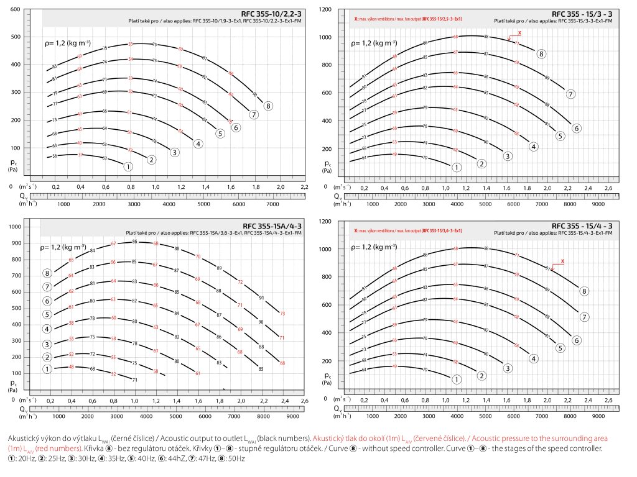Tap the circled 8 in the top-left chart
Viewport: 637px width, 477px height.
268,106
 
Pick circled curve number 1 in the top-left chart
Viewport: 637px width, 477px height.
128,166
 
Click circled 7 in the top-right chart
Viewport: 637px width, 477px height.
570,94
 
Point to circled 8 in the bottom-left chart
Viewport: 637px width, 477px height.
47,273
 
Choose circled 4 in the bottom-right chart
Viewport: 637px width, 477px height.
534,358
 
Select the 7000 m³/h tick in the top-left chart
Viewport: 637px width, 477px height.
272,204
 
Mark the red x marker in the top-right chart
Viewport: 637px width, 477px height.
519,32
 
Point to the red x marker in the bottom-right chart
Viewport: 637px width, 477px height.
562,261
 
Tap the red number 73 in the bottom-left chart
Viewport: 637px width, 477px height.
282,314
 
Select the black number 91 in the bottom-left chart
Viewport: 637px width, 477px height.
262,298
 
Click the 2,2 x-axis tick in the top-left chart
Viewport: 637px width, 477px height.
304,186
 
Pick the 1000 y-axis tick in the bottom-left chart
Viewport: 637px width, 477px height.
15,227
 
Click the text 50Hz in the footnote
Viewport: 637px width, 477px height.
238,458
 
